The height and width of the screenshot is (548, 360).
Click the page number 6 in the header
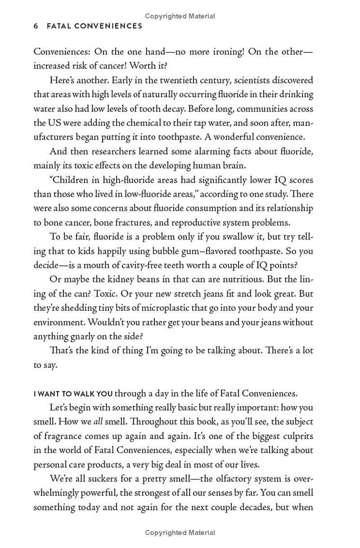[36, 26]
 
